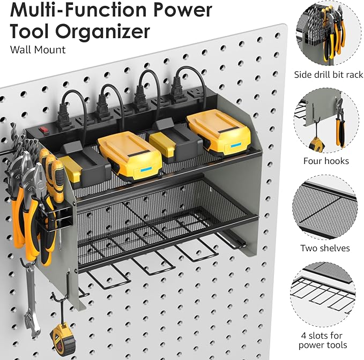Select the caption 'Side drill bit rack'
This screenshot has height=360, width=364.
click(x=329, y=75)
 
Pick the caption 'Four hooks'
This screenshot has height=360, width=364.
click(x=326, y=161)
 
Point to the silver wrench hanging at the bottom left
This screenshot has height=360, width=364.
click(x=26, y=300)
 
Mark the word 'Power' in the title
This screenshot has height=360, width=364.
click(x=176, y=11)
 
